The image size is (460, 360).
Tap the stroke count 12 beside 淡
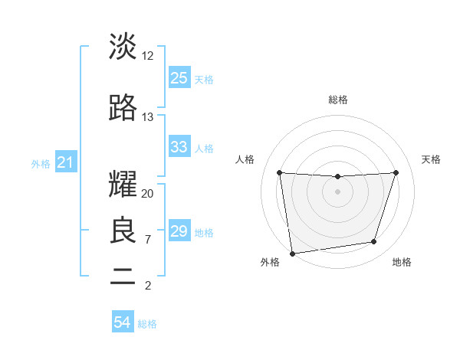(148, 56)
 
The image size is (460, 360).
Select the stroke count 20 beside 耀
(148, 194)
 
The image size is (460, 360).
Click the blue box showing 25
(179, 78)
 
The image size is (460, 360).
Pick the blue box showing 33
(179, 147)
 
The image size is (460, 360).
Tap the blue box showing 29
(179, 231)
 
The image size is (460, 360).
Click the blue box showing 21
(66, 162)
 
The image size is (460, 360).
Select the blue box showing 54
(123, 322)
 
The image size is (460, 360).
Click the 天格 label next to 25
(204, 79)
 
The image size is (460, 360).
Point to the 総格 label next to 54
(147, 324)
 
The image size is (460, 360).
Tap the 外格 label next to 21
(41, 163)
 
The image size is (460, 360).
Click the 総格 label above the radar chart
(338, 100)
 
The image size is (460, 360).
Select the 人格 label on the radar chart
(245, 159)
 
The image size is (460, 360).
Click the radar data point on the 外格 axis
(292, 253)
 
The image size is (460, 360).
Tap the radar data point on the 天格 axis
(396, 172)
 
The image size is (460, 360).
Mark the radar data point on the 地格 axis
(374, 242)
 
